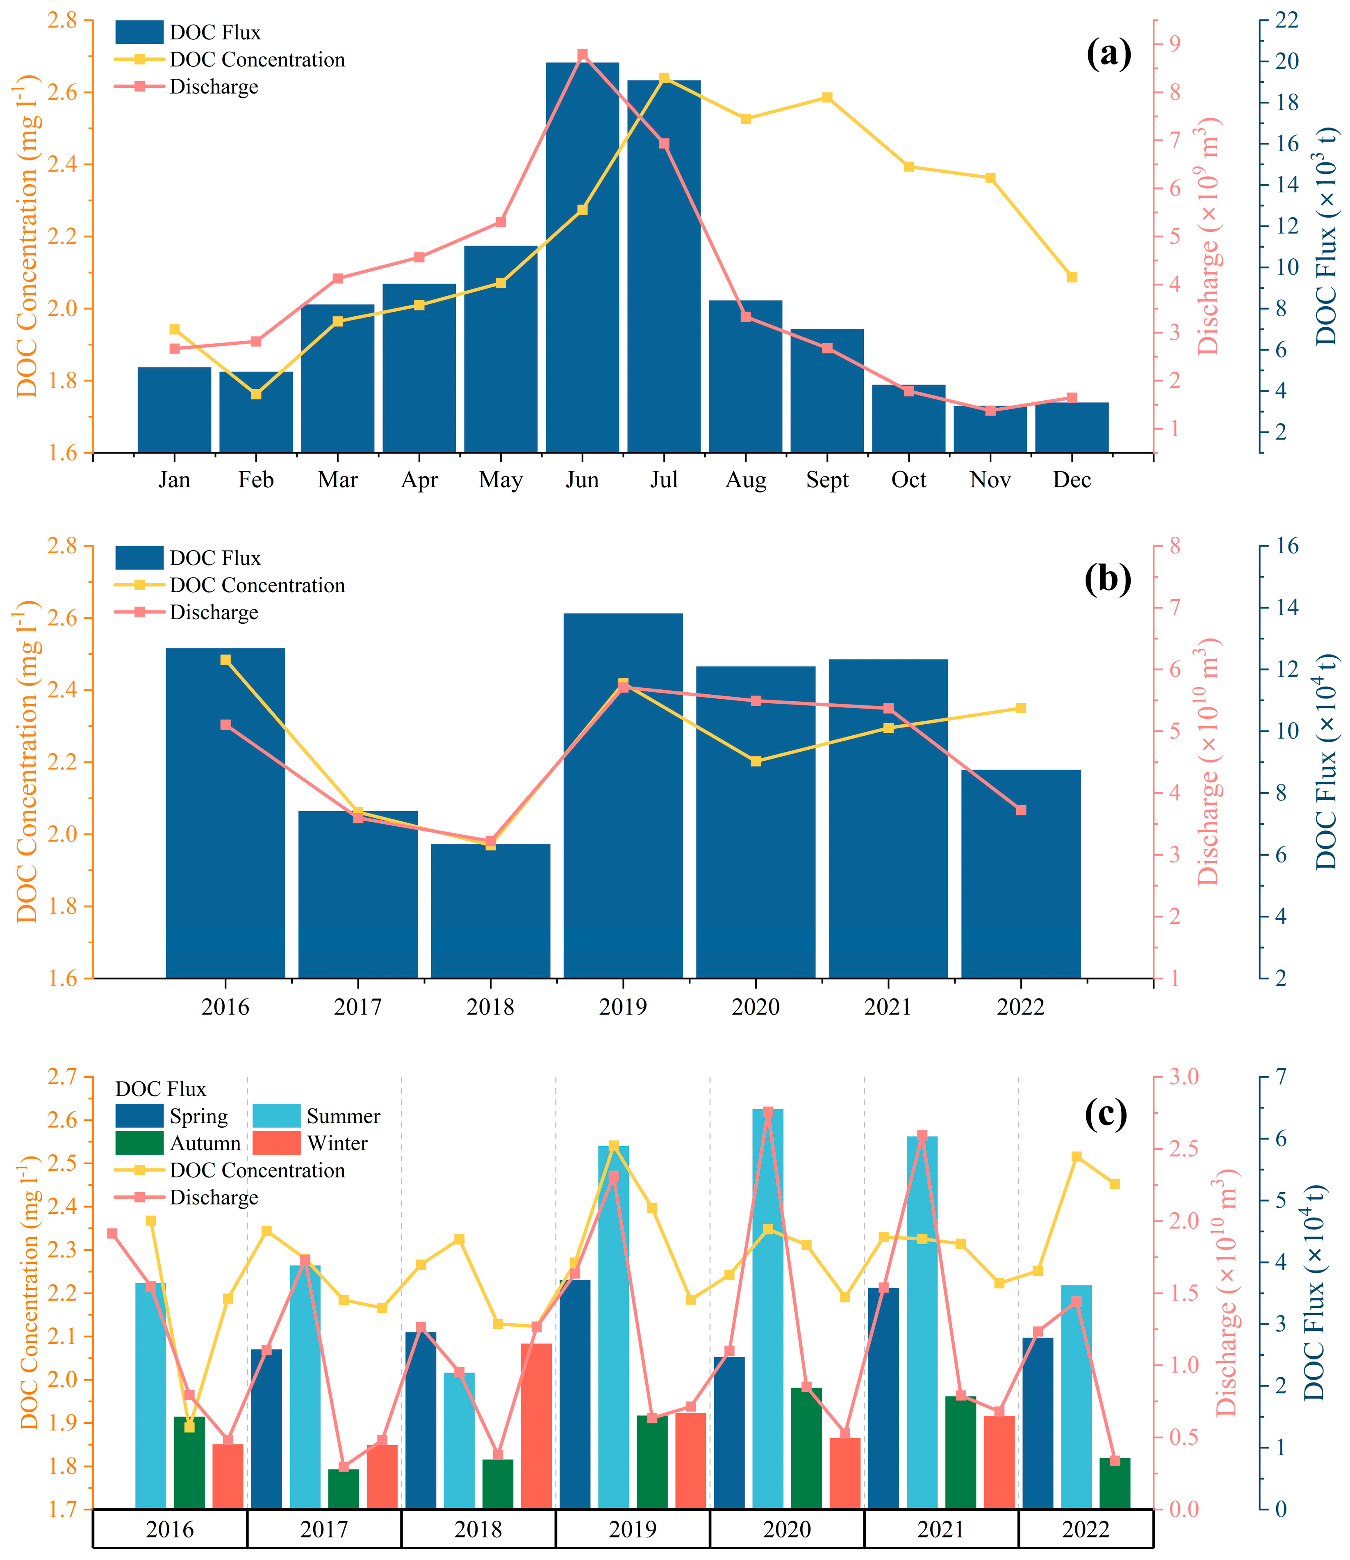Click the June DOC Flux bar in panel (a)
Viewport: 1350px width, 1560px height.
tap(582, 256)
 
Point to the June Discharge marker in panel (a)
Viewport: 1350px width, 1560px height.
tap(582, 55)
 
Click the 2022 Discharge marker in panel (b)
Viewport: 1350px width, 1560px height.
tap(1021, 810)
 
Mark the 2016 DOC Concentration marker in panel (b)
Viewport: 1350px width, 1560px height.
tap(225, 659)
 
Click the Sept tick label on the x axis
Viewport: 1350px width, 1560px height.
tap(827, 480)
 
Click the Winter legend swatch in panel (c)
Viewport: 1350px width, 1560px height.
tap(276, 1143)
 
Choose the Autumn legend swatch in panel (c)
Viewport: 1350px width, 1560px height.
tap(139, 1143)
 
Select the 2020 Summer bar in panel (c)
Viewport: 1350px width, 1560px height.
tap(768, 1307)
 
